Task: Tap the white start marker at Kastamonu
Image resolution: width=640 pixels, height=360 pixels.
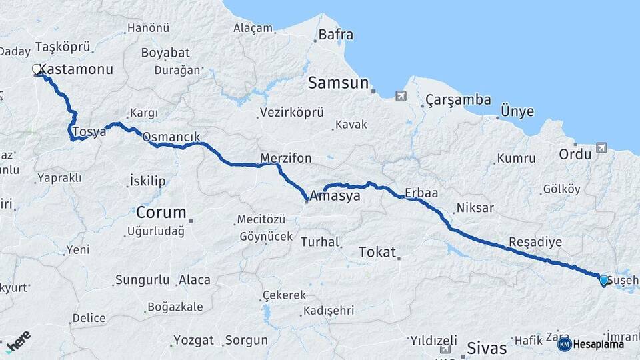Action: pos(37,69)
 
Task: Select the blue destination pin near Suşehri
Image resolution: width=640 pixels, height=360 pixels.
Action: pos(604,281)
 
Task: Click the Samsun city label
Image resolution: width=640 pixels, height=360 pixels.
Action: pos(338,83)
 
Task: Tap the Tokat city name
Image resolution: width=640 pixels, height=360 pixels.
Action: pos(377,252)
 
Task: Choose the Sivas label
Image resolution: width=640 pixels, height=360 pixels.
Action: pos(487,348)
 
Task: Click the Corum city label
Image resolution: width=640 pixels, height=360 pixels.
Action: pos(161,213)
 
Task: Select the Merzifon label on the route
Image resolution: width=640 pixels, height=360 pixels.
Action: pos(285,158)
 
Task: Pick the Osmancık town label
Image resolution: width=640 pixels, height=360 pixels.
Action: pos(171,137)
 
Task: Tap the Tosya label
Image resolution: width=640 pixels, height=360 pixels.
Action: pos(89,132)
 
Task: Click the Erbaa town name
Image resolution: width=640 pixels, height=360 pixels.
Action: pos(421,193)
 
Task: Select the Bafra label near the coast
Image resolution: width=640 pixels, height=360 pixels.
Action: pos(335,35)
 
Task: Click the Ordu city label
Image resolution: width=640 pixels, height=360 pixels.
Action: pos(575,154)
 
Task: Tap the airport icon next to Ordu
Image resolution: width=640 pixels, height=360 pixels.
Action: pos(602,147)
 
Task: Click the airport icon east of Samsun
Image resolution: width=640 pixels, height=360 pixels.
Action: pos(400,96)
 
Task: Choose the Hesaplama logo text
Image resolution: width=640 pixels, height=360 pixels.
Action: pos(599,344)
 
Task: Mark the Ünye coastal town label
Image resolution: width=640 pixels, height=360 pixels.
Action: pos(517,111)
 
